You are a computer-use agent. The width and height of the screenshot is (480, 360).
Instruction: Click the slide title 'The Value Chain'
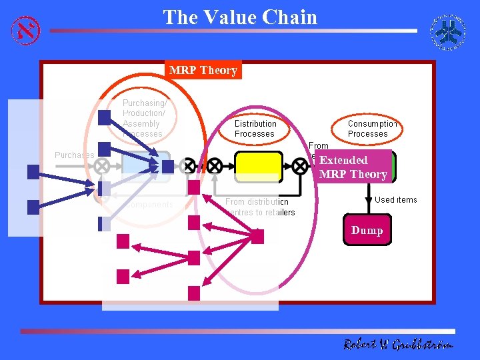coord(240,17)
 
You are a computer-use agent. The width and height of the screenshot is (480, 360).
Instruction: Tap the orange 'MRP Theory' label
coord(203,70)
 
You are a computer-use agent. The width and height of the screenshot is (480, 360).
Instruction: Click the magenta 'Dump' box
coord(367,230)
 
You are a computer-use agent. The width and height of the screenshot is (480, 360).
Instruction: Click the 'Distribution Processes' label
coord(255,129)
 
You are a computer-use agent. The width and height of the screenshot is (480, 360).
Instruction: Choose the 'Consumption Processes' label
coord(372,129)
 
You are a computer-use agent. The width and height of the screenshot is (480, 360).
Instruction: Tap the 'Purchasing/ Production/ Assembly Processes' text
coord(144,118)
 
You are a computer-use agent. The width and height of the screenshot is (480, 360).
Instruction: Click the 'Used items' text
coord(395,199)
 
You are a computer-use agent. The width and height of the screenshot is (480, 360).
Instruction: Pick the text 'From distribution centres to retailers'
coord(260,207)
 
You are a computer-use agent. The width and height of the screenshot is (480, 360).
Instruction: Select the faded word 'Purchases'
coord(74,155)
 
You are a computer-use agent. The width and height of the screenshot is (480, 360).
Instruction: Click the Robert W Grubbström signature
coord(398,345)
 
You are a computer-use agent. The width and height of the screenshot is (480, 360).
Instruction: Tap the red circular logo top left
coord(26,29)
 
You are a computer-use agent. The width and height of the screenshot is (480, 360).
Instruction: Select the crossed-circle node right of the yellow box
coord(301,165)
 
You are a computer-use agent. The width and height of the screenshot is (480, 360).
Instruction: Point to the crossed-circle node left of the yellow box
coord(214,165)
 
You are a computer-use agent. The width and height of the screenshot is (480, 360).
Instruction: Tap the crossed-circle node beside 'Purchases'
coord(102,165)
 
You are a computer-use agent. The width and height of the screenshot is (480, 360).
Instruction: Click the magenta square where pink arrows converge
coord(257,236)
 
